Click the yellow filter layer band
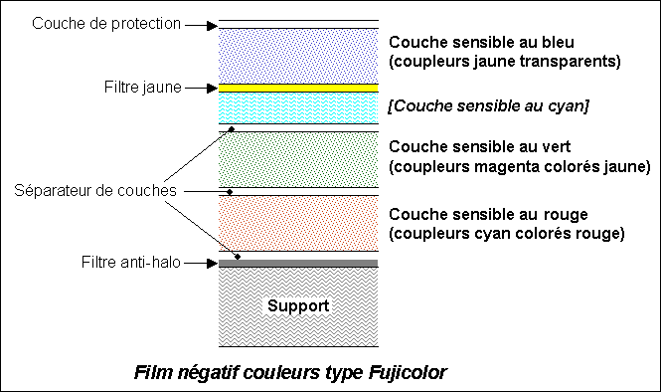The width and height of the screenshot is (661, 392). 297,88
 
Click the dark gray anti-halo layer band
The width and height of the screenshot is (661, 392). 297,264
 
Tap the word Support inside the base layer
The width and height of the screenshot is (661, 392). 297,305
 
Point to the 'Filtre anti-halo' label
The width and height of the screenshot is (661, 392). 129,264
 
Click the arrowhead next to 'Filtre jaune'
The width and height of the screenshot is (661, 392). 210,88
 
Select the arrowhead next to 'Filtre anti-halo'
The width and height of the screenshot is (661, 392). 210,264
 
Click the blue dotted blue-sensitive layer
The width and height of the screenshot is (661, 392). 297,56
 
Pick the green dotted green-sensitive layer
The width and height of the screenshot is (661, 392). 297,159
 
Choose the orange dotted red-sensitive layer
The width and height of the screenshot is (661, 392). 297,223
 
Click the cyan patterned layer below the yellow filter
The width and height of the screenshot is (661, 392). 297,107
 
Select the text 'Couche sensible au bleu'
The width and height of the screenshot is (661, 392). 482,43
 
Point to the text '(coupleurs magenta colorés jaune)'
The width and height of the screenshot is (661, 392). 519,164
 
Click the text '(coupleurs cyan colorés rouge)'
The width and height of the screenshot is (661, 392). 506,234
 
